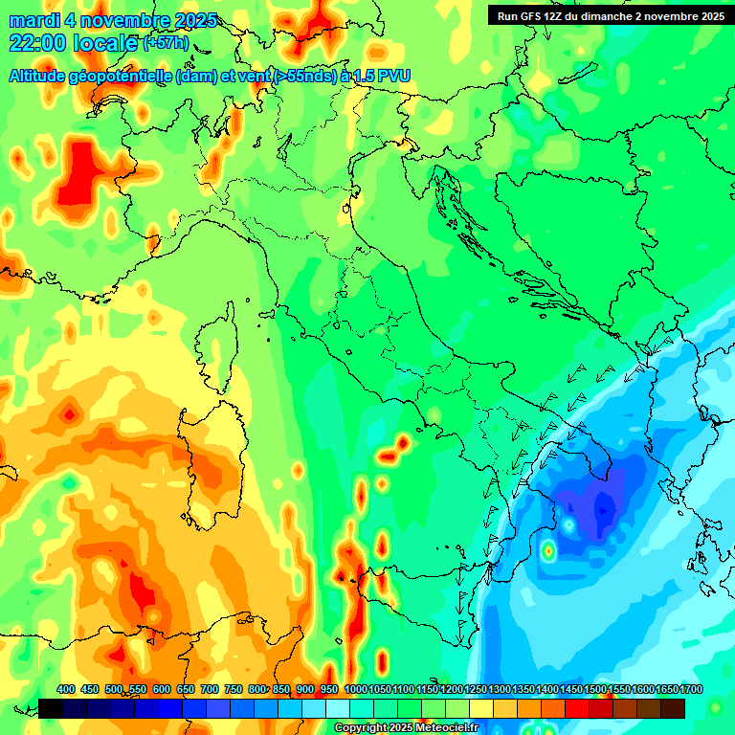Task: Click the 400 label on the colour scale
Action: click(x=66, y=689)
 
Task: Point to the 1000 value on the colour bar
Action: click(x=356, y=689)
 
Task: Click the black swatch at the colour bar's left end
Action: click(x=51, y=708)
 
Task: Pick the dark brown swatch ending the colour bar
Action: click(x=673, y=708)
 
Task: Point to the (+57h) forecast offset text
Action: click(x=166, y=43)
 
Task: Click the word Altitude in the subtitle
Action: click(x=42, y=76)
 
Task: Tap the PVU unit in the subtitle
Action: click(x=392, y=76)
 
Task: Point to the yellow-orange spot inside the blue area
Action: click(x=548, y=551)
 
